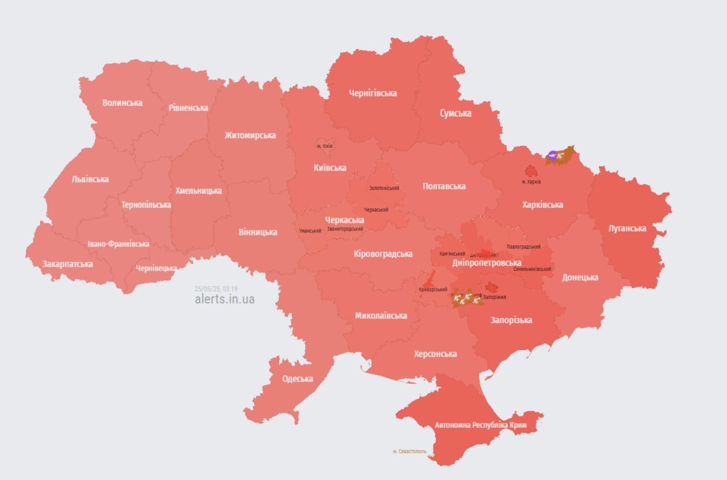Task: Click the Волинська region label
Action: (122, 102)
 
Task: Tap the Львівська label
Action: (90, 179)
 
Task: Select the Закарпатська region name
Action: (68, 264)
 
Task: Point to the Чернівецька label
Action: (156, 268)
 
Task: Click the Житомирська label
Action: (250, 135)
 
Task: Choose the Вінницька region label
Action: (258, 232)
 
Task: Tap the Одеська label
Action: (298, 379)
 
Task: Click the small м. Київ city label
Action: (325, 146)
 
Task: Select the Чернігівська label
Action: (373, 93)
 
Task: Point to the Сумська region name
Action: (455, 113)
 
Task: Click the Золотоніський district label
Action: (384, 188)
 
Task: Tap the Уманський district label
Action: (310, 231)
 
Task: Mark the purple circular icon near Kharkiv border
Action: (552, 156)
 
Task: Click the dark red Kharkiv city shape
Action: (531, 171)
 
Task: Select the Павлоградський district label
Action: (523, 247)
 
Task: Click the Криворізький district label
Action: (433, 290)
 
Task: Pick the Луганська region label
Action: (627, 228)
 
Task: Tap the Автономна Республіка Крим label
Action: (481, 425)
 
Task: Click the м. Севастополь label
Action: (410, 451)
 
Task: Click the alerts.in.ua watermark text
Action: (225, 299)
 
